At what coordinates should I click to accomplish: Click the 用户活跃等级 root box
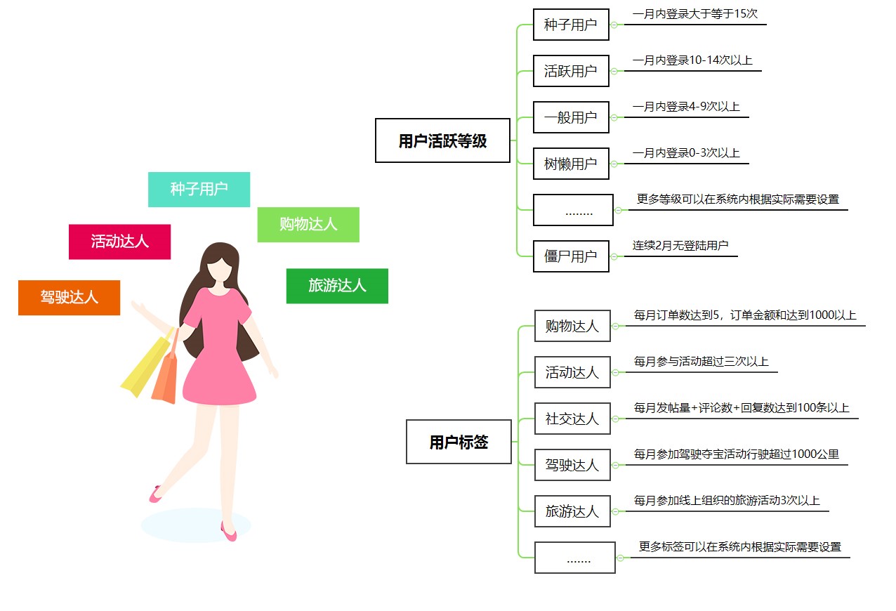tap(442, 140)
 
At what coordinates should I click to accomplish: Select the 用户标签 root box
tap(459, 442)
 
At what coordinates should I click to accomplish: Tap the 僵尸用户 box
tap(571, 256)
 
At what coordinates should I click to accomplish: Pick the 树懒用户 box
tap(571, 164)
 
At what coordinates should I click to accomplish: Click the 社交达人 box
tap(572, 419)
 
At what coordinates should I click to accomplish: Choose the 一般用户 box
tap(571, 117)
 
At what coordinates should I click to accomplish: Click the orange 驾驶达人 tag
tap(70, 298)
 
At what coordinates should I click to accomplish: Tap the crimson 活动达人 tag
tap(119, 242)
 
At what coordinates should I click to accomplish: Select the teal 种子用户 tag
tap(199, 189)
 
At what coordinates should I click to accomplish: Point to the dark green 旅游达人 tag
tap(337, 286)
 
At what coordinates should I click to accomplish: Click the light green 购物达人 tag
tap(308, 225)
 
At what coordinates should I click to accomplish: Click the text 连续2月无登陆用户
tap(680, 245)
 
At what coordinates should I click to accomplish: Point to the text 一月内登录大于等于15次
tap(694, 14)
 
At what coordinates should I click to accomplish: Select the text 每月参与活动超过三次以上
tap(701, 361)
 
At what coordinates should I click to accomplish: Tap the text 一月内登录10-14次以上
tap(692, 60)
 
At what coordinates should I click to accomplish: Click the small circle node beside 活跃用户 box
tap(614, 71)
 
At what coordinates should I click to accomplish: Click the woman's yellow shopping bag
tap(146, 364)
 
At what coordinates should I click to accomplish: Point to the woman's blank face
tap(220, 269)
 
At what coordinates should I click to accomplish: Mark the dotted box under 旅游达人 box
tap(574, 558)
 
